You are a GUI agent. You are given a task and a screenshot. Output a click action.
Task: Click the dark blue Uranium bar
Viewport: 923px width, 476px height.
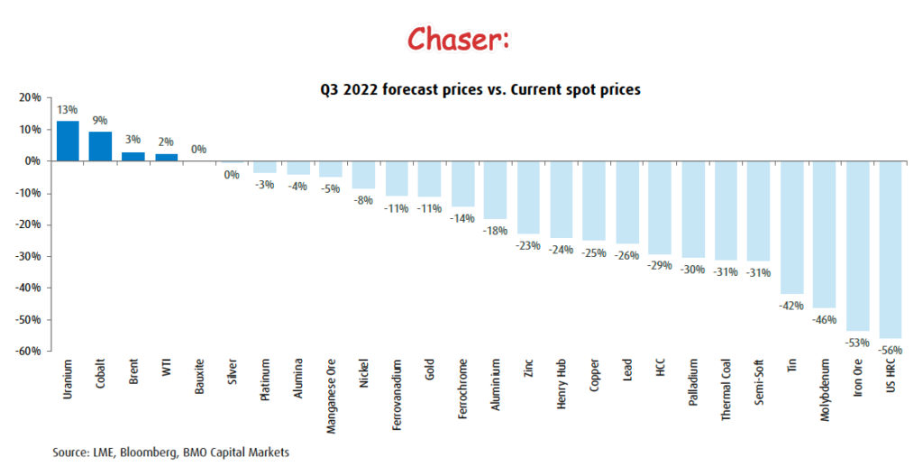[68, 141]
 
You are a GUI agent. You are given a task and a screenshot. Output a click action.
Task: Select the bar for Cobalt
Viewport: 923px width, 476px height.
[100, 146]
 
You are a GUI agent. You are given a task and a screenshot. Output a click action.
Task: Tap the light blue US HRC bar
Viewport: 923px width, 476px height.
[889, 250]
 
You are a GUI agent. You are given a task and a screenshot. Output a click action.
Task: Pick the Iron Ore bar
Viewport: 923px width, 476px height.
[856, 245]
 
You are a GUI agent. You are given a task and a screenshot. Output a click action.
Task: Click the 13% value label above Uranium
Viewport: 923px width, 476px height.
[68, 111]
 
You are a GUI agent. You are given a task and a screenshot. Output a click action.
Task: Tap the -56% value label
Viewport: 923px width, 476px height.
[889, 349]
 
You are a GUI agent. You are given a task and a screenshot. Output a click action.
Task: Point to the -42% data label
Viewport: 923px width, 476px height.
[790, 305]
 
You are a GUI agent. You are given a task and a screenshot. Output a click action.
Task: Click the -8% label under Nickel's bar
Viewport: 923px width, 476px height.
[362, 201]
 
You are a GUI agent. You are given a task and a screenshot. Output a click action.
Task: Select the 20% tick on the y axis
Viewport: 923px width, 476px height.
[30, 97]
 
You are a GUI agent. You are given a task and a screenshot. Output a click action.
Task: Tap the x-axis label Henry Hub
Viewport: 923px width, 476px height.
[561, 386]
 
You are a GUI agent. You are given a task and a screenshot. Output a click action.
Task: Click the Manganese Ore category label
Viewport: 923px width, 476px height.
[331, 398]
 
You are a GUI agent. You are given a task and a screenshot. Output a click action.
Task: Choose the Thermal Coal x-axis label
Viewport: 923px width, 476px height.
[726, 392]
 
